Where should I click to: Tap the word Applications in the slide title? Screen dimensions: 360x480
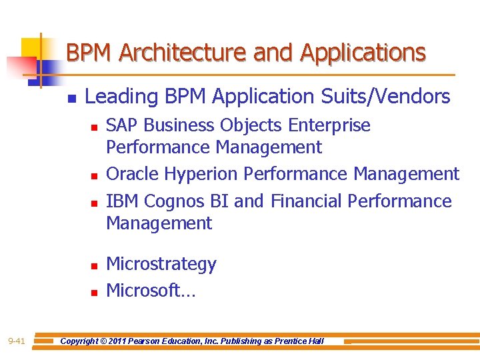363,52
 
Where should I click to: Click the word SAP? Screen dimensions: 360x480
123,125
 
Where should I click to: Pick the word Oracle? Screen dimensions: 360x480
133,174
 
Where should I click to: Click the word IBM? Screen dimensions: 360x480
123,201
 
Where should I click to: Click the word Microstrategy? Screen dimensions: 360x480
161,265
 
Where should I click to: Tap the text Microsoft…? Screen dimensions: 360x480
151,291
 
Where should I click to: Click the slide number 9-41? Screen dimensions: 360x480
17,341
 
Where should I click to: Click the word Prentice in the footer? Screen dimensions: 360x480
291,341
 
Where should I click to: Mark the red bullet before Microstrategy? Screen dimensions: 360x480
94,266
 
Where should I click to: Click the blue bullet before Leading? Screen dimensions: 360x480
72,99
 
